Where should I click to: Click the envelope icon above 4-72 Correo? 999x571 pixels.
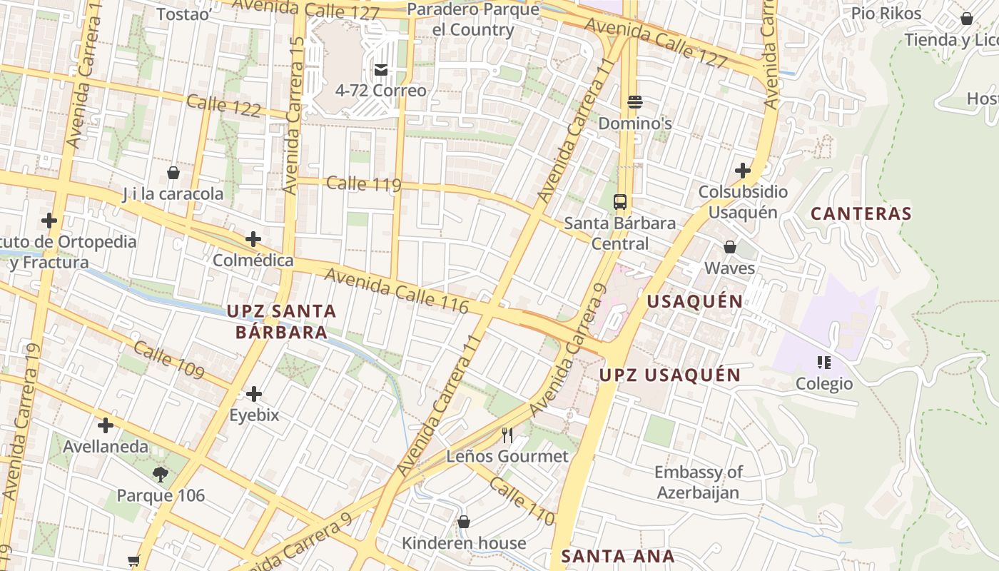point(381,70)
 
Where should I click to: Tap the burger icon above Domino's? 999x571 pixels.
point(635,102)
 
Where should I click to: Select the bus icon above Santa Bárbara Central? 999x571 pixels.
point(620,201)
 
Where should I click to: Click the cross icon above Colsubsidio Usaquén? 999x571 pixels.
point(743,171)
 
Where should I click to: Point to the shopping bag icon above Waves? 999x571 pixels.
point(730,247)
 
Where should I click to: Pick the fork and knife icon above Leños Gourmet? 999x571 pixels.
point(507,435)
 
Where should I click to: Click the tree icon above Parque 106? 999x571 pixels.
point(161,474)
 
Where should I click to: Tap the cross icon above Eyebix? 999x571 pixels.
point(254,394)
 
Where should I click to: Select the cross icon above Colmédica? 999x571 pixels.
point(253,239)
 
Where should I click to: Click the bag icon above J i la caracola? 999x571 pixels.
point(173,173)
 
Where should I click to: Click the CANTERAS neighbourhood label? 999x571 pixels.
point(861,213)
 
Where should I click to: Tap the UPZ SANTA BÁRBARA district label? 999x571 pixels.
point(281,321)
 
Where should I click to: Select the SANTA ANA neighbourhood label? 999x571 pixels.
point(618,556)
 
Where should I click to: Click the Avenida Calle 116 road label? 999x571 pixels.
point(397,290)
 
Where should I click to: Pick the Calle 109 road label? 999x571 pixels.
point(168,360)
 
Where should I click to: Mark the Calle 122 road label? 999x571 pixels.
point(223,106)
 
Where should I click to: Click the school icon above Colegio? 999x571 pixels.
point(824,363)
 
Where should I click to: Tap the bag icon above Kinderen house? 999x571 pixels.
point(464,522)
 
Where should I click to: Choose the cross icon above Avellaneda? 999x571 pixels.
point(106,426)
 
